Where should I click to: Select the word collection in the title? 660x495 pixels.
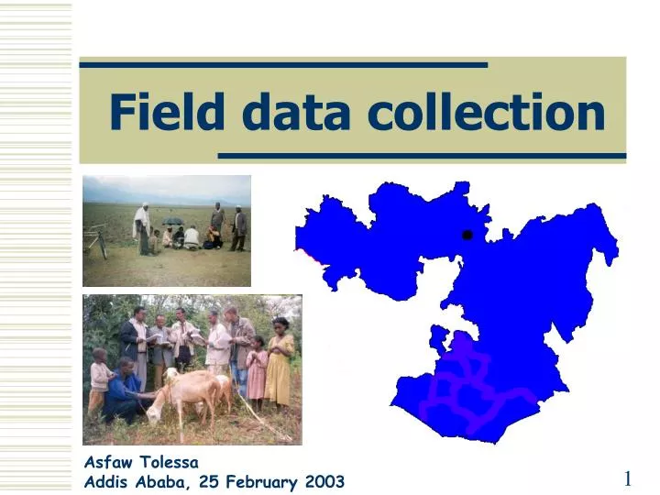coord(486,113)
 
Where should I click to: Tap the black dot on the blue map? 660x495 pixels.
coord(467,235)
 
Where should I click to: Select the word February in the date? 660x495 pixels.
coord(258,481)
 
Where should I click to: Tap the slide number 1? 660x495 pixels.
coord(628,478)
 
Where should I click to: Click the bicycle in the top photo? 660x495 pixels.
coord(95,241)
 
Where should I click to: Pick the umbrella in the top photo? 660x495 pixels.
coord(172,221)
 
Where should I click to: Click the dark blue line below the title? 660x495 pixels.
coord(422,156)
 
